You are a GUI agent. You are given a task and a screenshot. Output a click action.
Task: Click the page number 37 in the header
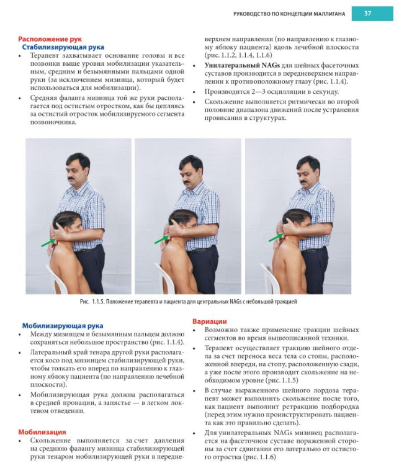click(x=367, y=13)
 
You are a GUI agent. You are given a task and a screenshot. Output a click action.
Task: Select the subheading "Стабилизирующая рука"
click(x=63, y=47)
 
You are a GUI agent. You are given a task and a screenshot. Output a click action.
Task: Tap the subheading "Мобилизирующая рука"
click(x=63, y=325)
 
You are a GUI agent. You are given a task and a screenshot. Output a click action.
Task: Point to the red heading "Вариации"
click(x=209, y=322)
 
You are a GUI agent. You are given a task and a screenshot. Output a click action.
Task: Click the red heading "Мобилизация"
click(x=42, y=431)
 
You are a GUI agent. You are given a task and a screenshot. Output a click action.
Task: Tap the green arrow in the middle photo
click(x=160, y=238)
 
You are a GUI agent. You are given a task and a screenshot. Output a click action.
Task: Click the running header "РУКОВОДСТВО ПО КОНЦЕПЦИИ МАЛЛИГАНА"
click(x=289, y=13)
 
